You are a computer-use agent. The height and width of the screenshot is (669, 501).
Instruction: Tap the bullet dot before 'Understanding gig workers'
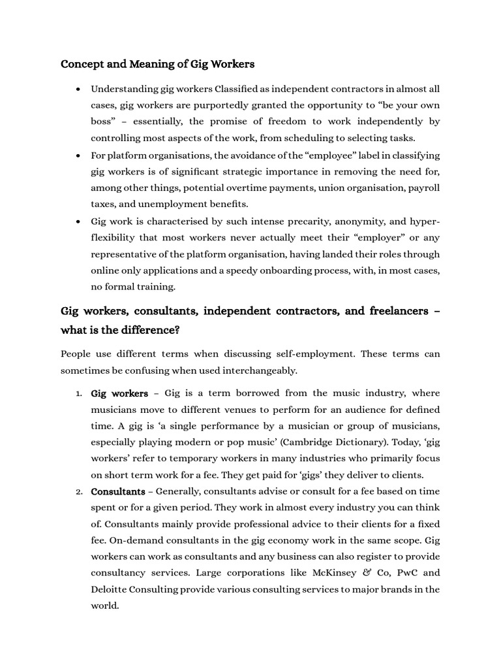[78, 89]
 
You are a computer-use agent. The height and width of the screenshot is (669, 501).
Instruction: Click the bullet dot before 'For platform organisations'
[78, 155]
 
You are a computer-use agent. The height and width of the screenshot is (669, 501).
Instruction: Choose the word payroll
[424, 188]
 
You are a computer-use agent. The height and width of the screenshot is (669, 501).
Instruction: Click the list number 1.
[78, 393]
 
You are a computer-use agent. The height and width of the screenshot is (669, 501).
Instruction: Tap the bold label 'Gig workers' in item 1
[119, 393]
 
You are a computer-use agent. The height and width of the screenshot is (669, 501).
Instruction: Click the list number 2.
[78, 492]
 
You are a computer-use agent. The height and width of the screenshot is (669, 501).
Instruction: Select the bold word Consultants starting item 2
[117, 491]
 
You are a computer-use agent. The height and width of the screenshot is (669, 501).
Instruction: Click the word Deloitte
[110, 589]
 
